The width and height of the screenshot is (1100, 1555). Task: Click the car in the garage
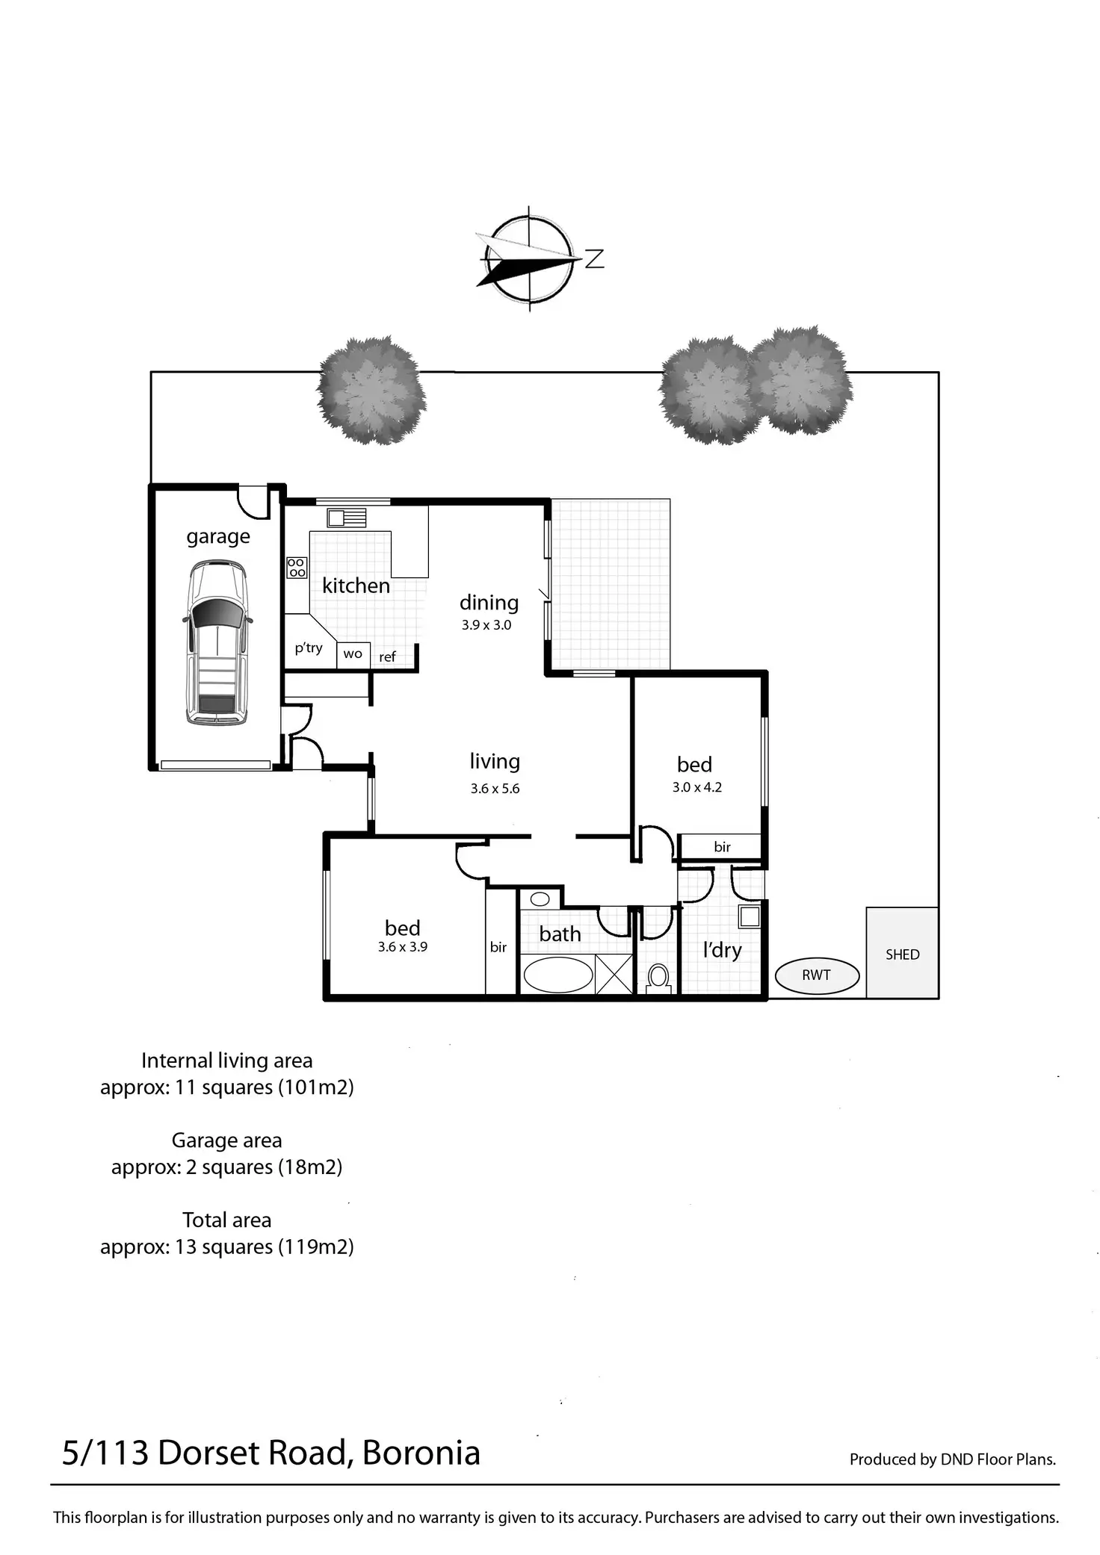coord(217,642)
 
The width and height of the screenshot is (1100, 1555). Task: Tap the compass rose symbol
coord(529,258)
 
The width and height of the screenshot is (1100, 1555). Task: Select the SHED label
coord(902,955)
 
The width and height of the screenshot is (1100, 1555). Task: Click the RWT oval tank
coord(817,975)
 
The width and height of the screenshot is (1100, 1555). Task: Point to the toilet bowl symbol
coord(658,976)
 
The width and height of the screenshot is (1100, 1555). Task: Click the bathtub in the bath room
coord(557,975)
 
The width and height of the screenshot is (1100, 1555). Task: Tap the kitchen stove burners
coord(297,568)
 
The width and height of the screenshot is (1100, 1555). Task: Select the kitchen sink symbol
coord(347,517)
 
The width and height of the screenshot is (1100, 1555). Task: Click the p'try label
coord(308,648)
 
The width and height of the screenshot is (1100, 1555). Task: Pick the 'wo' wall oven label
coord(353,654)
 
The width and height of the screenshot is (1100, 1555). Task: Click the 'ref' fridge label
coord(387,657)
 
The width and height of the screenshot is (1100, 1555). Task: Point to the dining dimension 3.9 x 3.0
coord(486,625)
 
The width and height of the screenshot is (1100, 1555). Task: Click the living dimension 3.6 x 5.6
coord(495,789)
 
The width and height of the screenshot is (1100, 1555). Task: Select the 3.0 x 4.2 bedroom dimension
coord(696,787)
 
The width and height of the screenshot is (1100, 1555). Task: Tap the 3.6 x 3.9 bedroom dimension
coord(402,947)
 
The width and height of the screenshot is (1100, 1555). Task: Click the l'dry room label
coord(722,950)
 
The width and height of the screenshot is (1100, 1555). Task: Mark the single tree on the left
coord(371,390)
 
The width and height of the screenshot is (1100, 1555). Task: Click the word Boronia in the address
coord(421,1453)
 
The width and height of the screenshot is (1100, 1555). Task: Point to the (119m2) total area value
coord(316,1247)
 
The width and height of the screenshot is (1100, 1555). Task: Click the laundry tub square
coord(749,916)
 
